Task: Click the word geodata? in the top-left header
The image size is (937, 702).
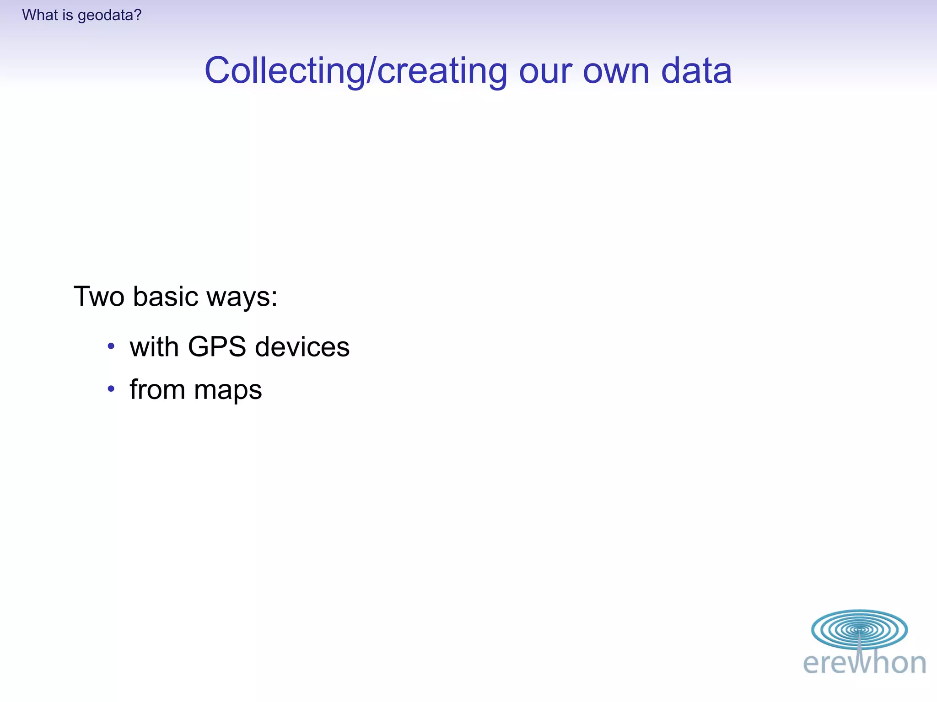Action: click(x=109, y=16)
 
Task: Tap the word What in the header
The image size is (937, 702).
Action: click(x=40, y=15)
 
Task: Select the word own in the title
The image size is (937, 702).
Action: click(x=616, y=71)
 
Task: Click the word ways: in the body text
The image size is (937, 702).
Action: click(x=242, y=297)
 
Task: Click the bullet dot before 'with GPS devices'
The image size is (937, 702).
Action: click(x=111, y=346)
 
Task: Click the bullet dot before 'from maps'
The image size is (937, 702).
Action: click(x=111, y=389)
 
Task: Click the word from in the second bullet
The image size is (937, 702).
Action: click(x=157, y=389)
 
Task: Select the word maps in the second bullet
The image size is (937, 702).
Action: click(x=228, y=390)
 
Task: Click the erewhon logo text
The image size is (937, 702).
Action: click(x=864, y=663)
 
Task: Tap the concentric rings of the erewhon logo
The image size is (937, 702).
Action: click(x=859, y=629)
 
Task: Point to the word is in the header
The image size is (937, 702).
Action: click(x=68, y=15)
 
